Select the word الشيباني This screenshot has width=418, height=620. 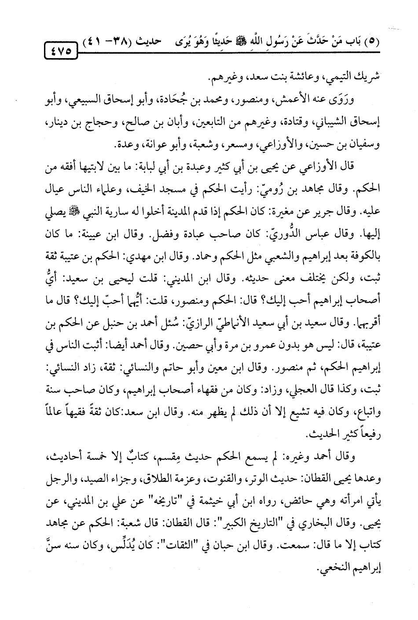[x=333, y=126]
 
